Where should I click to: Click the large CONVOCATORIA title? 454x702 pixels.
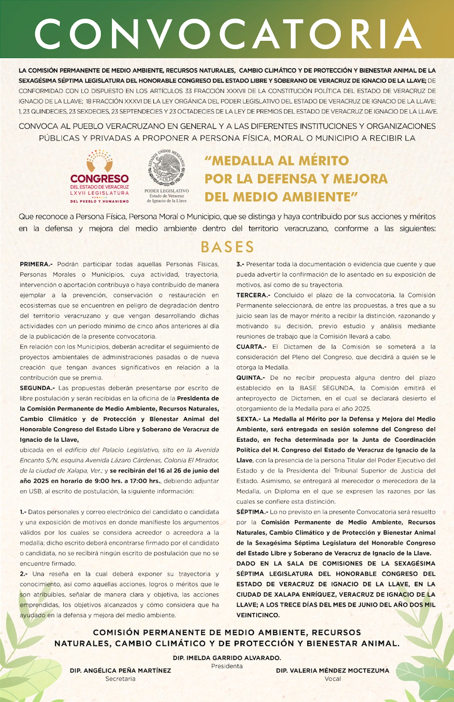coord(227,30)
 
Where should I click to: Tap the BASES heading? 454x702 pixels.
coord(227,246)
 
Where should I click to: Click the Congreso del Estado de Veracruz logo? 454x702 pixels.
coord(99,175)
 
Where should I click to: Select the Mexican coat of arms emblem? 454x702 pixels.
coord(168,170)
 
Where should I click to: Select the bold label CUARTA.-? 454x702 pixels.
coord(252,347)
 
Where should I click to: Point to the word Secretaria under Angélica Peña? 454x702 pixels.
coord(121,679)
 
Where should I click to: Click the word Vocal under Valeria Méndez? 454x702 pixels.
coord(332,679)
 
